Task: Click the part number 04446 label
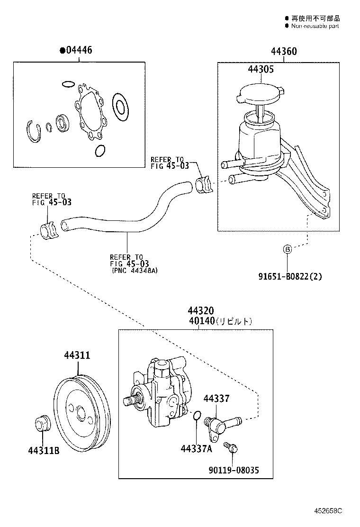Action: click(78, 50)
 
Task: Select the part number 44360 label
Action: click(284, 51)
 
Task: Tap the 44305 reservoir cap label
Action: click(260, 69)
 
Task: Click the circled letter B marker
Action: click(287, 249)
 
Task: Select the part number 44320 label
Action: click(200, 311)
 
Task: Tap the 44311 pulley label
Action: click(77, 355)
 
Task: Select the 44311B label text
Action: click(43, 450)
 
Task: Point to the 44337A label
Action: click(196, 448)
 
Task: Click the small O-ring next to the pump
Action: click(197, 416)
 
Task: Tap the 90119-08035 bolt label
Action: click(234, 470)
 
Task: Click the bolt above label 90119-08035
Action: click(232, 446)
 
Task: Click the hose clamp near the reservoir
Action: click(204, 184)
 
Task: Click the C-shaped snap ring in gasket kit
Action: click(34, 131)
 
